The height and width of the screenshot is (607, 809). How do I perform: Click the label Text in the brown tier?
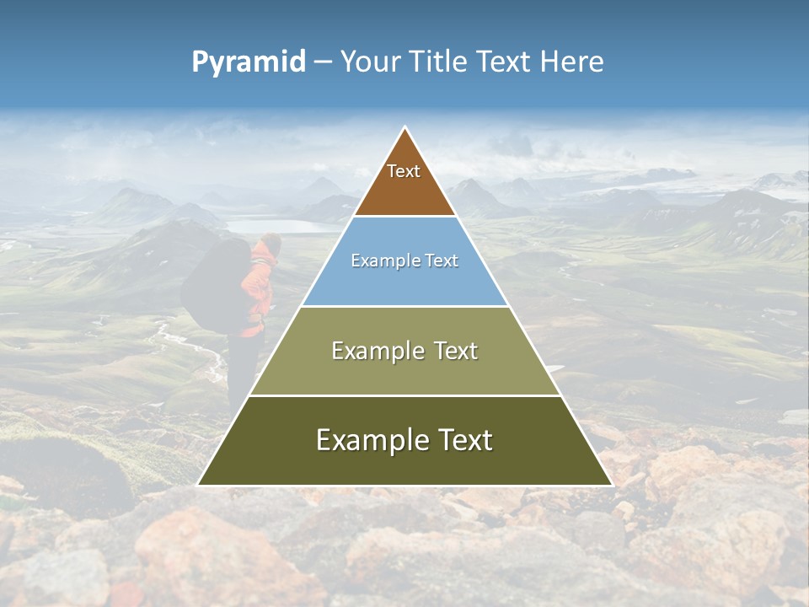tap(404, 171)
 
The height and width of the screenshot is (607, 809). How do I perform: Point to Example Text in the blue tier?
tap(404, 261)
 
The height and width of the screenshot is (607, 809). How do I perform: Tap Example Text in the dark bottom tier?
tap(404, 440)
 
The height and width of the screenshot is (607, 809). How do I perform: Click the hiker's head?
tap(270, 244)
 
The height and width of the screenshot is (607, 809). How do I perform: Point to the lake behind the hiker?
tap(278, 226)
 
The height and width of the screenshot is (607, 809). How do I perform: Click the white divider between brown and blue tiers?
tap(404, 217)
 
